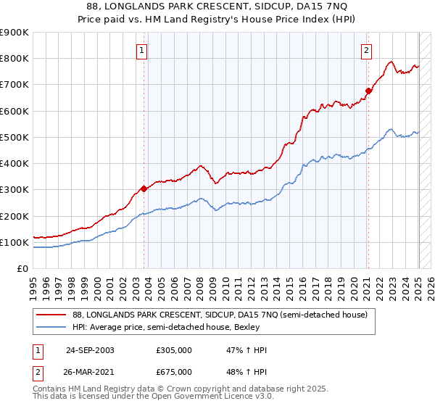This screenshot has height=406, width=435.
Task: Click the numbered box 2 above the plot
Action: tap(367, 50)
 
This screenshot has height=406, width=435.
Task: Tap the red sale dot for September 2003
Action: tap(144, 188)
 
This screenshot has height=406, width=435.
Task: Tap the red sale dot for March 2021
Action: tap(368, 91)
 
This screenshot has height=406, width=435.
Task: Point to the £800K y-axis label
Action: tap(15, 59)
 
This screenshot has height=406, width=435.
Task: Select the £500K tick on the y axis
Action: tap(15, 137)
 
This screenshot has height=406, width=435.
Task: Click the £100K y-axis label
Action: tap(15, 242)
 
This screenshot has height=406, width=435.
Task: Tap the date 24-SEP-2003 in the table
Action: tap(89, 350)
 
